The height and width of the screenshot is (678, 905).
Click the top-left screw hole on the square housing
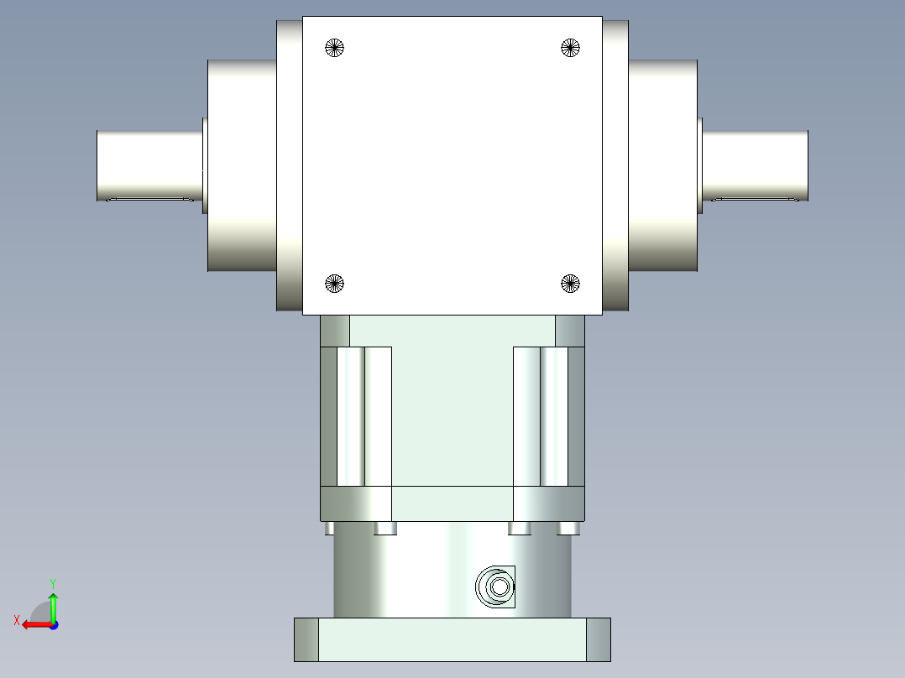[334, 48]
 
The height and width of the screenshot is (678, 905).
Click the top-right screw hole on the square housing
[570, 48]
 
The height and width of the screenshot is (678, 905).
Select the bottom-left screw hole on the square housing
[334, 284]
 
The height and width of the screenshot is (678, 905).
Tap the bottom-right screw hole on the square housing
[570, 284]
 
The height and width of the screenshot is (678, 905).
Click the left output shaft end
[149, 165]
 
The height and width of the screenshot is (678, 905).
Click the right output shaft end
[755, 165]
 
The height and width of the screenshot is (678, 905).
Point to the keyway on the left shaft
[150, 199]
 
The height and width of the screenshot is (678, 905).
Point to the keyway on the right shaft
[755, 199]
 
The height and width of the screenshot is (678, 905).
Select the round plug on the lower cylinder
[495, 587]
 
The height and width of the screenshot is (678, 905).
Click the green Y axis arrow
[53, 607]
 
